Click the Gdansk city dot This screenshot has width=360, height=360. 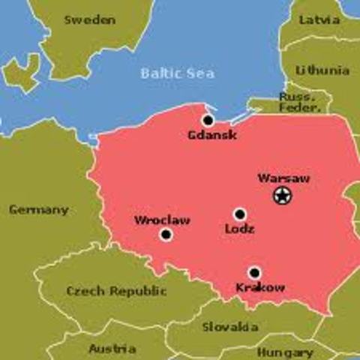[x=208, y=120]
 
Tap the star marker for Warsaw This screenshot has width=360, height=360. [x=283, y=196]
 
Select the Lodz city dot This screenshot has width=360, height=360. [x=239, y=214]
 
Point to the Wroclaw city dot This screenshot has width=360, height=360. [x=166, y=235]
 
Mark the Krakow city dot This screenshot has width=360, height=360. [x=254, y=273]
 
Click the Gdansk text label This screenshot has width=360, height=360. [x=213, y=135]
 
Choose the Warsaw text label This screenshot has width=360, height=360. [x=283, y=178]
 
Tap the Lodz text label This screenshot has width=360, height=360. [x=239, y=229]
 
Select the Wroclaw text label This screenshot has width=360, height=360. [x=162, y=220]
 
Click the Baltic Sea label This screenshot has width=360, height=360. [x=177, y=73]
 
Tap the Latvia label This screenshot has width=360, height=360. [x=319, y=20]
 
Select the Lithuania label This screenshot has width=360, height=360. [x=322, y=70]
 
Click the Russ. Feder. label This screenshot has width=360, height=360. [x=299, y=102]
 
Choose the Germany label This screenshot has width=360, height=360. [x=38, y=209]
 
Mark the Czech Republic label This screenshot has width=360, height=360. [x=106, y=290]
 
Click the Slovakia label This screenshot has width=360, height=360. [x=230, y=326]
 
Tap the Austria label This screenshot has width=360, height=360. [x=112, y=349]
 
